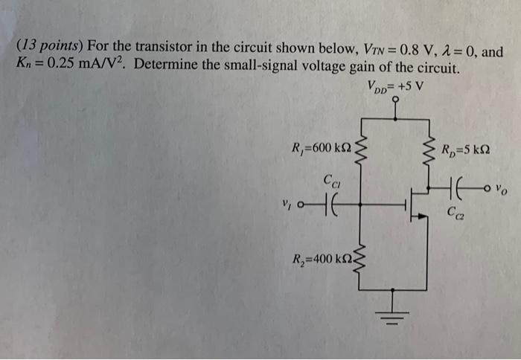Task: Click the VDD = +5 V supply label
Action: pos(394,84)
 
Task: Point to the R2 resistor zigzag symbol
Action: pos(362,260)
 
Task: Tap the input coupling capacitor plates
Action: pos(328,202)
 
